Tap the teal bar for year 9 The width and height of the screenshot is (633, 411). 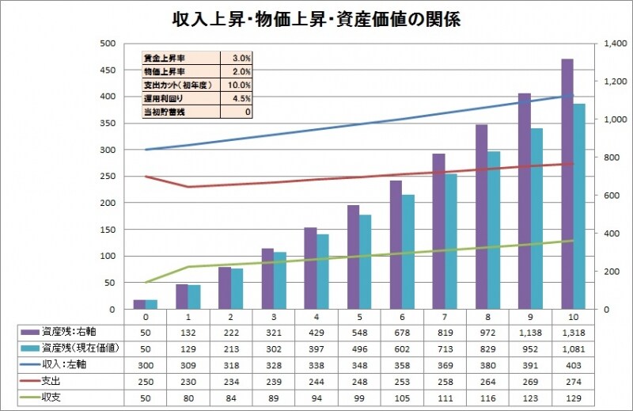(536, 219)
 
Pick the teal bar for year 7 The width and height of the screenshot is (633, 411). (451, 242)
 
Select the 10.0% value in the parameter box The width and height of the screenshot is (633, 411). (241, 85)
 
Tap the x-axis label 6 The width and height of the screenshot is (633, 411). (396, 316)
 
